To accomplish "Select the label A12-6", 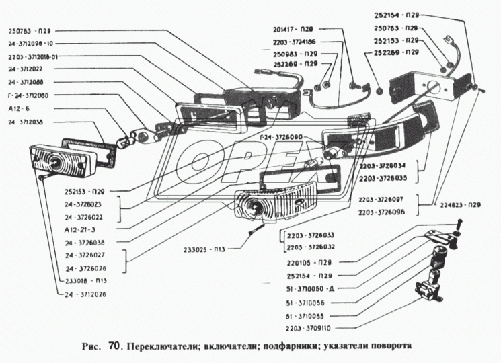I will (x=18, y=108).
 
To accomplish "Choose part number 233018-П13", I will (x=86, y=280).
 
